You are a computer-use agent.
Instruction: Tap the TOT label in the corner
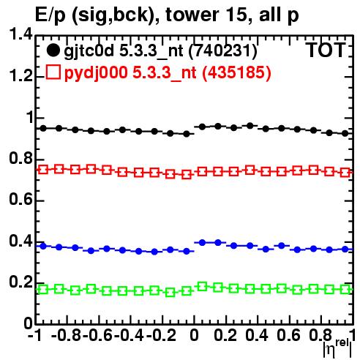[326, 50]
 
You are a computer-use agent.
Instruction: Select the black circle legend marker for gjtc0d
[53, 50]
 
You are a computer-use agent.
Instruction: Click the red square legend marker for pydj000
[53, 72]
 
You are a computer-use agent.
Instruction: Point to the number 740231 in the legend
[222, 50]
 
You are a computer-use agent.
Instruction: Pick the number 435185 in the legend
[236, 72]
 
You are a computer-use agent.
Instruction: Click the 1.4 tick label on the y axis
[20, 34]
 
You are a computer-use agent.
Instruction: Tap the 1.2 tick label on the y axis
[20, 76]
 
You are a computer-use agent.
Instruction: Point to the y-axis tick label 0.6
[20, 200]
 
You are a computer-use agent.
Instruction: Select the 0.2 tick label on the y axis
[20, 282]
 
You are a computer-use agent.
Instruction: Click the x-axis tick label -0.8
[66, 335]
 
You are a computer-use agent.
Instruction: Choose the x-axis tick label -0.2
[162, 335]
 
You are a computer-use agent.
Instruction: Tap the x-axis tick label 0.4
[257, 335]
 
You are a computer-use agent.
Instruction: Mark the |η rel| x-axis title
[338, 348]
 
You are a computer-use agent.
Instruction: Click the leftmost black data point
[43, 128]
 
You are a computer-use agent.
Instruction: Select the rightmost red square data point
[345, 173]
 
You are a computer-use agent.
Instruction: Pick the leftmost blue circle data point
[43, 246]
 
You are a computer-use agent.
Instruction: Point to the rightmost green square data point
[345, 290]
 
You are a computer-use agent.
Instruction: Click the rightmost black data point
[345, 133]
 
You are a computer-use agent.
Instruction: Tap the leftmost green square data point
[43, 290]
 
